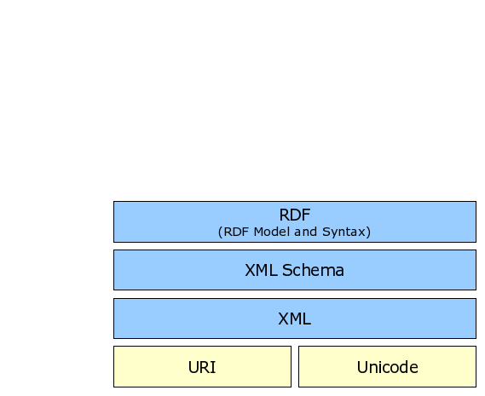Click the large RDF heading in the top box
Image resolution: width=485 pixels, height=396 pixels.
pyautogui.click(x=294, y=215)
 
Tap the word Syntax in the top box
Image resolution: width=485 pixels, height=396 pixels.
pyautogui.click(x=344, y=232)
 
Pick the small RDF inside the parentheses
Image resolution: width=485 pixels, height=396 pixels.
pyautogui.click(x=236, y=232)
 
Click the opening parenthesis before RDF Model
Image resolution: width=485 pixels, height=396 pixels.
pyautogui.click(x=220, y=232)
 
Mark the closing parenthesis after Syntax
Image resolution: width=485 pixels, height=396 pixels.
pyautogui.click(x=368, y=232)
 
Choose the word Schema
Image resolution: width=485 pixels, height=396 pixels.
pyautogui.click(x=313, y=270)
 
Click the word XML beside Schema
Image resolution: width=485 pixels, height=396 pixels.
pyautogui.click(x=261, y=270)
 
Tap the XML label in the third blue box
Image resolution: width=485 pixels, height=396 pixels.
pyautogui.click(x=294, y=319)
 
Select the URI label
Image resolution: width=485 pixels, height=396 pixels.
pyautogui.click(x=202, y=367)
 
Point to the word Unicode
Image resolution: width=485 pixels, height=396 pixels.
pyautogui.click(x=387, y=367)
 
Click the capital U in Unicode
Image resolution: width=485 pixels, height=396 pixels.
pyautogui.click(x=362, y=367)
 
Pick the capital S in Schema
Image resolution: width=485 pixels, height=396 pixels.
pyautogui.click(x=287, y=270)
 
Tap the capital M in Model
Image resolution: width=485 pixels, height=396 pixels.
pyautogui.click(x=258, y=232)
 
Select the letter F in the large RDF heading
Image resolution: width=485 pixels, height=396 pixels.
pyautogui.click(x=306, y=215)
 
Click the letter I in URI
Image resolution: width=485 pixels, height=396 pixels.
pyautogui.click(x=213, y=367)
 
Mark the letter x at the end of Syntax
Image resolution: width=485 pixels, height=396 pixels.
pyautogui.click(x=362, y=232)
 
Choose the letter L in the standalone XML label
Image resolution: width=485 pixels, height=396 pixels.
pyautogui.click(x=307, y=319)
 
